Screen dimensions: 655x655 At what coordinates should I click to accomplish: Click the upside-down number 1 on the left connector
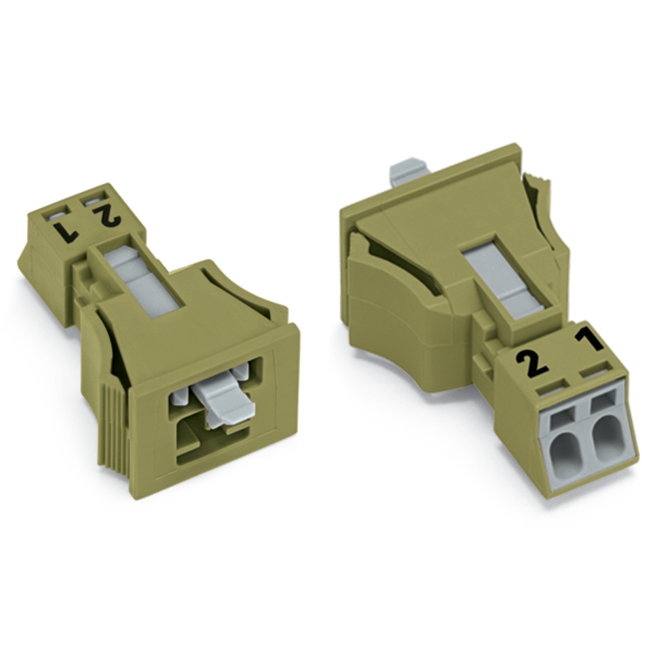pos(67,231)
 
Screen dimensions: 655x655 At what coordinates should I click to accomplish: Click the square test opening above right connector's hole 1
pos(601,402)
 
